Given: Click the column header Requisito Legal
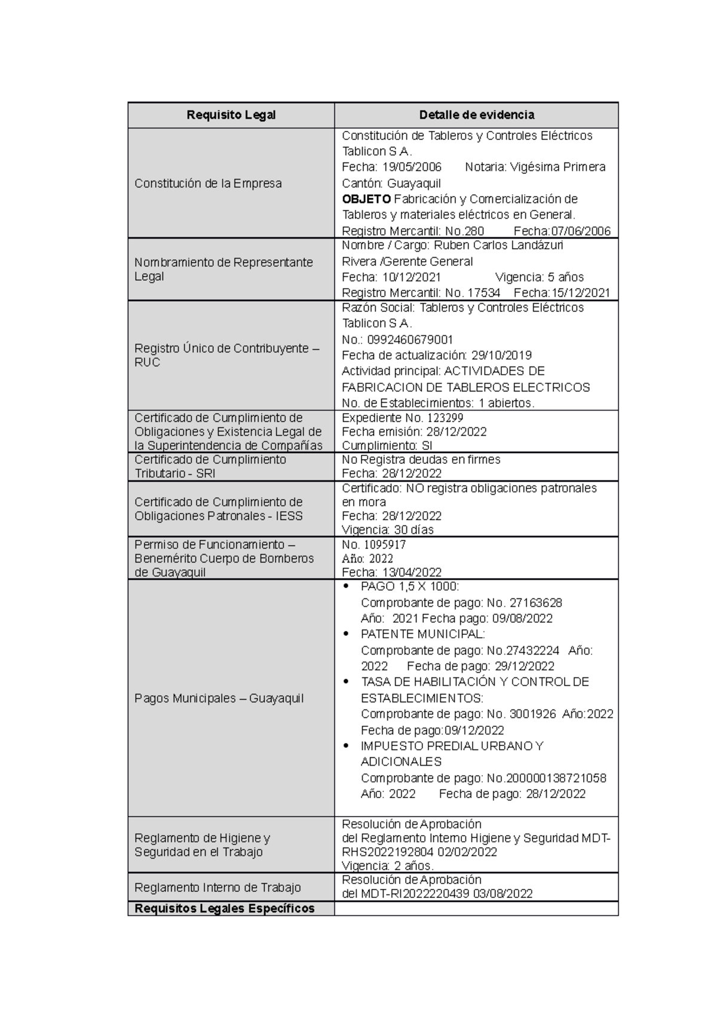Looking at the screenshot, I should [x=231, y=115].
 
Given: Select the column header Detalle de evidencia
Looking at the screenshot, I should [x=476, y=115].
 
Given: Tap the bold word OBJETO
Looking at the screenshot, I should [x=366, y=199].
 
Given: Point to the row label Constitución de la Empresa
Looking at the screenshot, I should [x=207, y=184].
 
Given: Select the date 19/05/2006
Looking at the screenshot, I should [x=412, y=167].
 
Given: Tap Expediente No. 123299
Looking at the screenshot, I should [x=402, y=418].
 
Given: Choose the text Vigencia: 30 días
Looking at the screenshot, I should [x=387, y=530].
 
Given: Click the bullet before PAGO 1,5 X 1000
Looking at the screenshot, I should [x=347, y=587].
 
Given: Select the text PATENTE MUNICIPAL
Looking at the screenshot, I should [x=422, y=634].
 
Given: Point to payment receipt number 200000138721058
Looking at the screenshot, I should [x=556, y=778].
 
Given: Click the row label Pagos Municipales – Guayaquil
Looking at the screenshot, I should [x=219, y=698].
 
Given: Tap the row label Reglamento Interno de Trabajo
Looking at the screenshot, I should [x=217, y=888].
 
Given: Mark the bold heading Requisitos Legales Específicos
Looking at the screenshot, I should [x=224, y=909].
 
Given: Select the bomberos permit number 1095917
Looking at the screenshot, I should [x=382, y=545].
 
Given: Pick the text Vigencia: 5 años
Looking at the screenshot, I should [x=539, y=277].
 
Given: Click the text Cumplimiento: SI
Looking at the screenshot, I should [x=387, y=446].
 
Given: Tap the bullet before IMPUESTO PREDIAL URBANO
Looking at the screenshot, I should [x=347, y=746].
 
